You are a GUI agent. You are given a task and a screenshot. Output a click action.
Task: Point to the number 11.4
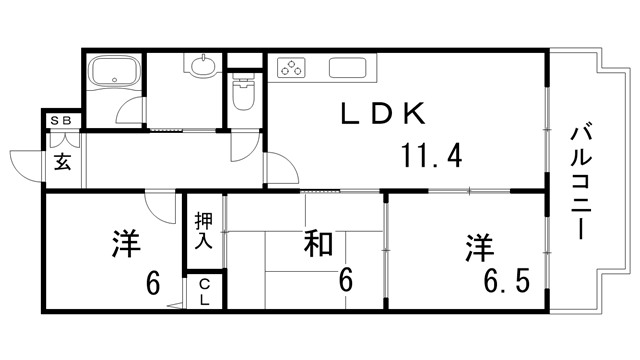point(431,157)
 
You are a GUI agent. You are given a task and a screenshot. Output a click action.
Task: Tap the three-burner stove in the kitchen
point(293,69)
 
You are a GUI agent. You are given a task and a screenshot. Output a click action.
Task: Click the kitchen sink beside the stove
point(351,70)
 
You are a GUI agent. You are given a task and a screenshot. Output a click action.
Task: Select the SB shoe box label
point(61,121)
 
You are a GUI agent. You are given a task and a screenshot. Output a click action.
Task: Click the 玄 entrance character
point(62,160)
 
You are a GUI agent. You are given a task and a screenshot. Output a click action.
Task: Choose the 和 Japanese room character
point(319,244)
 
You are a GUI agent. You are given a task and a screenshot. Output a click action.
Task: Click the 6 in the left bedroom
point(152,283)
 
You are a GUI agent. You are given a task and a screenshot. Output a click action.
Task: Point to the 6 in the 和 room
point(345,280)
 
